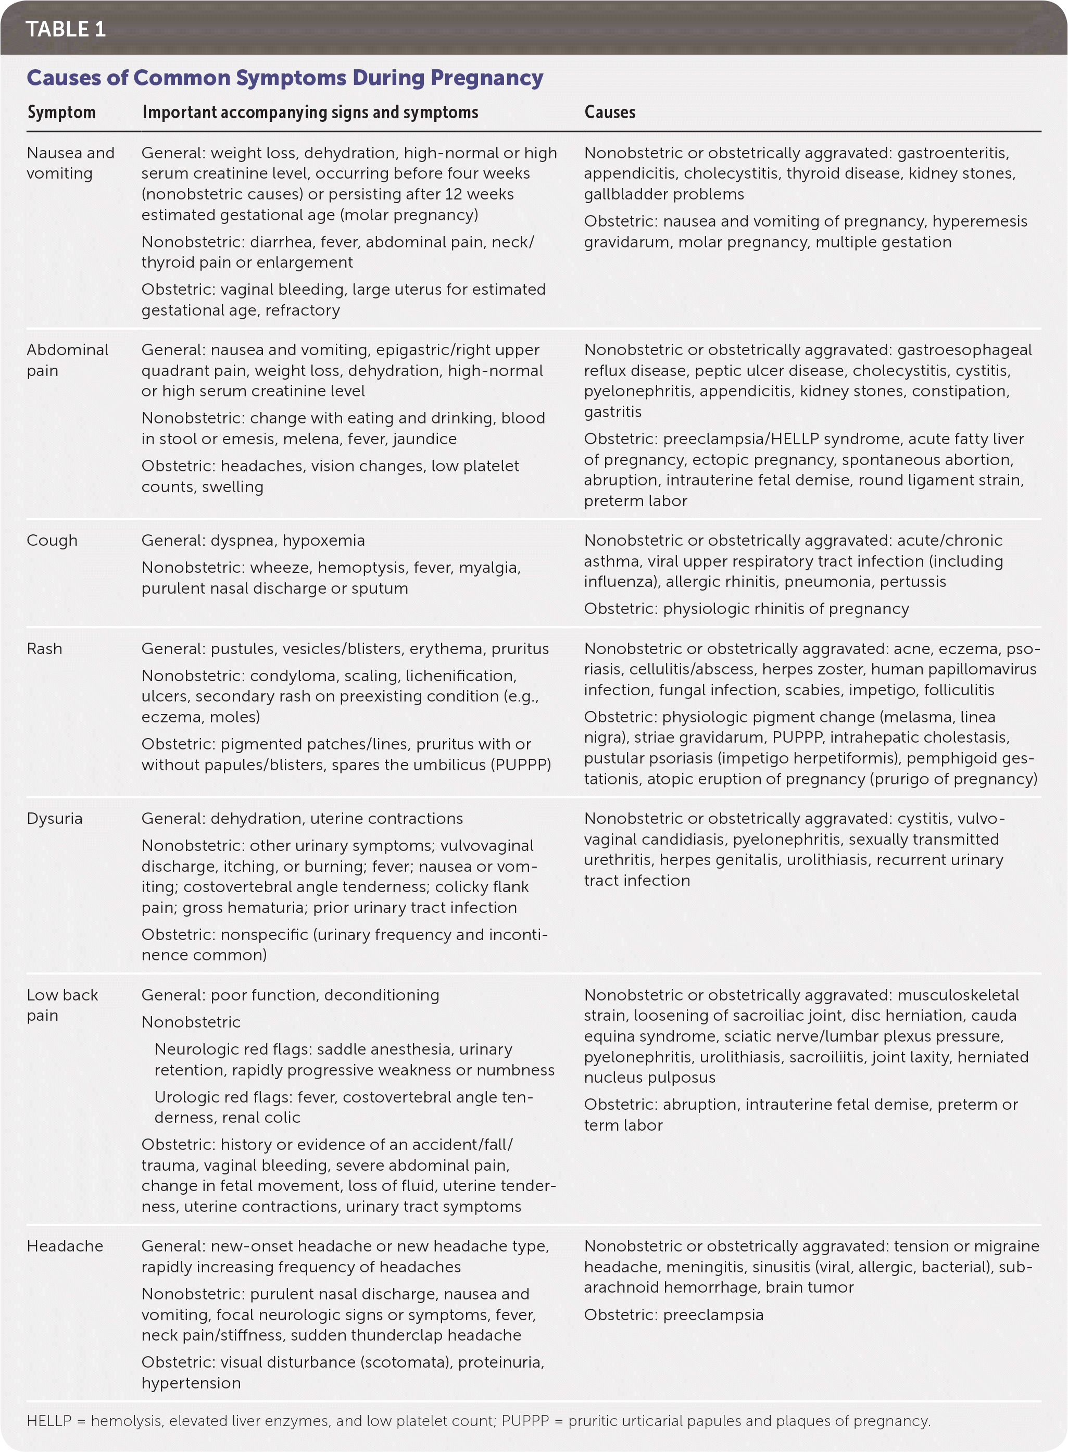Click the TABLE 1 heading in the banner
tap(65, 29)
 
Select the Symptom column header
tap(61, 112)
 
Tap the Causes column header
tap(610, 112)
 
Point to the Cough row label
tap(52, 541)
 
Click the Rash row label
tap(44, 648)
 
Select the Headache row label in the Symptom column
tap(65, 1246)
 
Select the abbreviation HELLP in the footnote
tap(48, 1420)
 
